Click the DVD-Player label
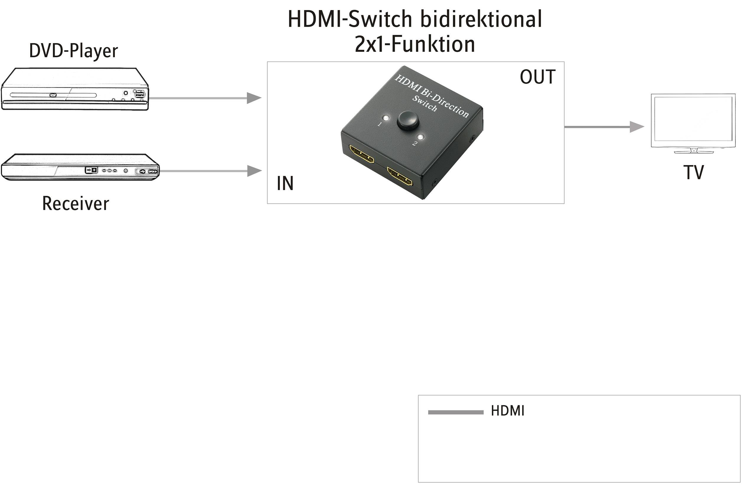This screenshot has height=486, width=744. click(74, 50)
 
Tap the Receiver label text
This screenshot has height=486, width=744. click(76, 203)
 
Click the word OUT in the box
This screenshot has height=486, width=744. click(537, 77)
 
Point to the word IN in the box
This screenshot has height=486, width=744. click(285, 183)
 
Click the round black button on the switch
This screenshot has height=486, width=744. click(408, 120)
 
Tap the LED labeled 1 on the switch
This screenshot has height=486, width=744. click(386, 118)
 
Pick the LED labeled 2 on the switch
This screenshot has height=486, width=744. click(421, 137)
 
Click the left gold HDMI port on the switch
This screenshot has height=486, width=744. click(361, 155)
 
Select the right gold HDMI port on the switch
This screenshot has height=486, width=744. click(400, 177)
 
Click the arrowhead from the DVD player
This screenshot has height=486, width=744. click(254, 98)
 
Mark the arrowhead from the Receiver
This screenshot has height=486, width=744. click(254, 171)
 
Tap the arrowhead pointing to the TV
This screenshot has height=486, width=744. click(637, 127)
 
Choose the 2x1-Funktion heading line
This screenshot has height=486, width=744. click(415, 44)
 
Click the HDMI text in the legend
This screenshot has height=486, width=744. click(507, 411)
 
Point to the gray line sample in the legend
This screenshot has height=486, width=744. click(456, 412)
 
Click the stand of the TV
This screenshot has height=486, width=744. click(694, 151)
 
